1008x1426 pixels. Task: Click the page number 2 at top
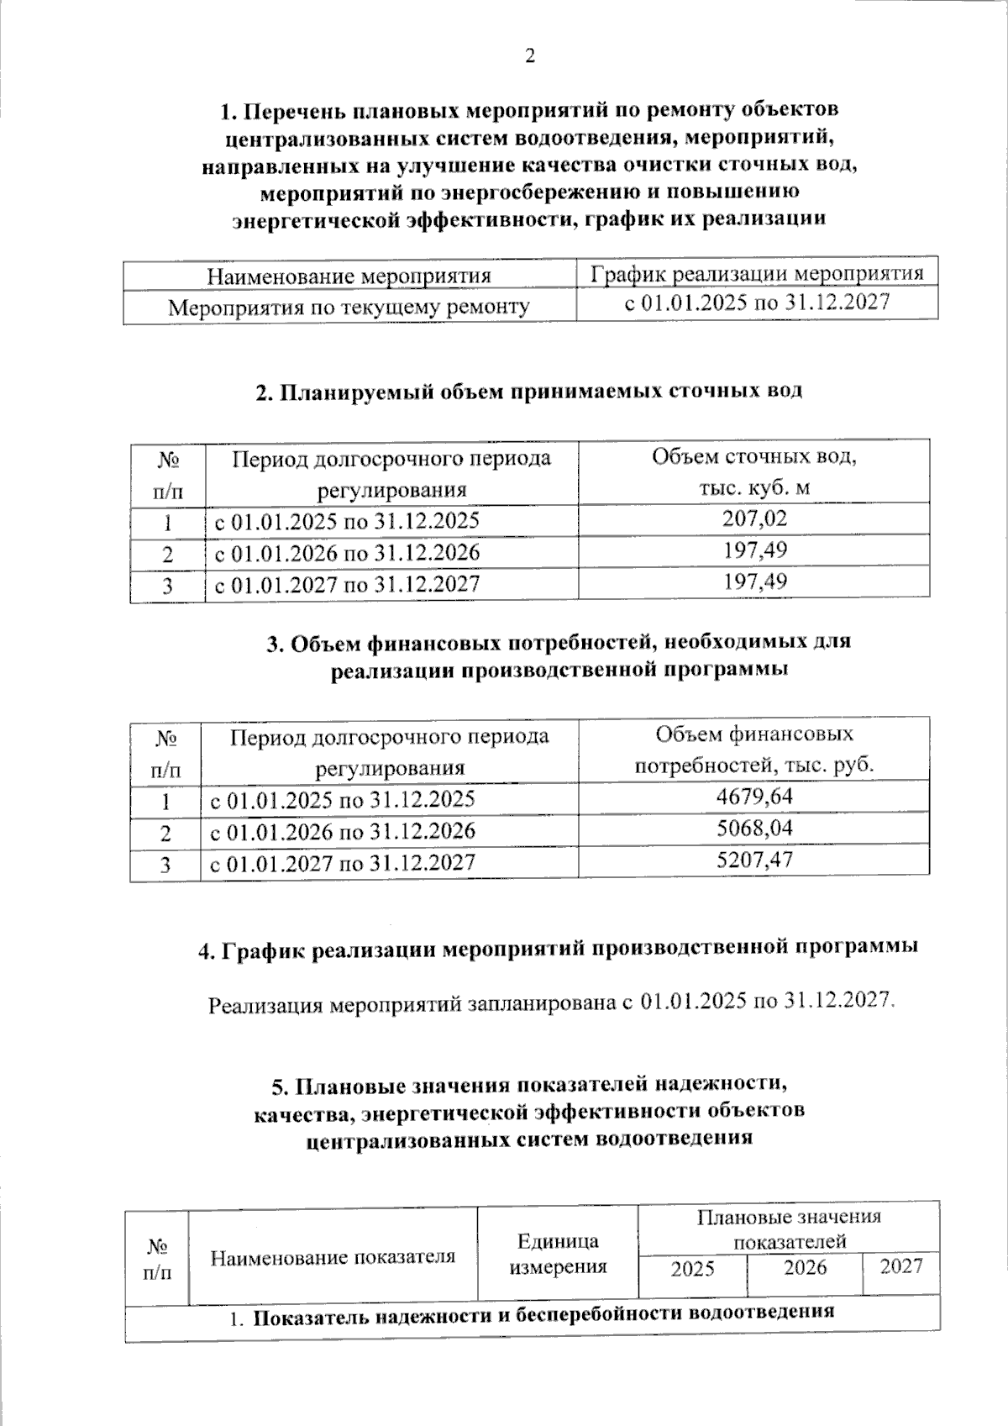pyautogui.click(x=529, y=56)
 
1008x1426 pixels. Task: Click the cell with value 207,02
pyautogui.click(x=754, y=518)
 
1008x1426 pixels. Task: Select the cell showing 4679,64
pyautogui.click(x=754, y=796)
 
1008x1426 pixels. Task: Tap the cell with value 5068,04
pyautogui.click(x=754, y=829)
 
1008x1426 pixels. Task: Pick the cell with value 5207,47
pyautogui.click(x=754, y=860)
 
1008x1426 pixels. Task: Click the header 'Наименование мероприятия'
pyautogui.click(x=349, y=276)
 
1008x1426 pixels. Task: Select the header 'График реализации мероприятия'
pyautogui.click(x=756, y=273)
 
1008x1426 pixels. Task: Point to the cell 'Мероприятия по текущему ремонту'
pyautogui.click(x=349, y=307)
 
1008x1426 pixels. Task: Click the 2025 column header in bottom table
pyautogui.click(x=692, y=1268)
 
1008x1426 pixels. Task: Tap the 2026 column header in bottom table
pyautogui.click(x=805, y=1267)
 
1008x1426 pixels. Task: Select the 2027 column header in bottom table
pyautogui.click(x=900, y=1266)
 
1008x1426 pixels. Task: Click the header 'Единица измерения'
pyautogui.click(x=558, y=1254)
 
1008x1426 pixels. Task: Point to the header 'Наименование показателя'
pyautogui.click(x=333, y=1257)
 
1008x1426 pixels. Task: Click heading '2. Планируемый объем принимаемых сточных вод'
pyautogui.click(x=528, y=392)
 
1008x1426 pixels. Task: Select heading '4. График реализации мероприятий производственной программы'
pyautogui.click(x=558, y=949)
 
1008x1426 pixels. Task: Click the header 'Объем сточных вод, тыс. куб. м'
pyautogui.click(x=754, y=471)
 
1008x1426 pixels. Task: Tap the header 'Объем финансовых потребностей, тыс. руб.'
pyautogui.click(x=754, y=750)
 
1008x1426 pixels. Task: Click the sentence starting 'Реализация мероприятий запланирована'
pyautogui.click(x=552, y=1002)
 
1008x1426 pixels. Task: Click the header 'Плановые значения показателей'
pyautogui.click(x=788, y=1229)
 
